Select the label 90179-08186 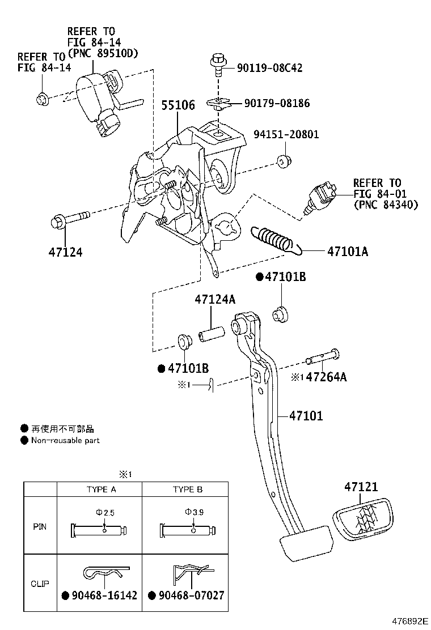(277, 103)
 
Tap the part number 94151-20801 (286, 135)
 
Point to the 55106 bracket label (178, 105)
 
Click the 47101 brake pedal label (306, 416)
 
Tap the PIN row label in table (40, 526)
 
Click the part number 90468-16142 (99, 595)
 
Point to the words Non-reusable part (65, 440)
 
